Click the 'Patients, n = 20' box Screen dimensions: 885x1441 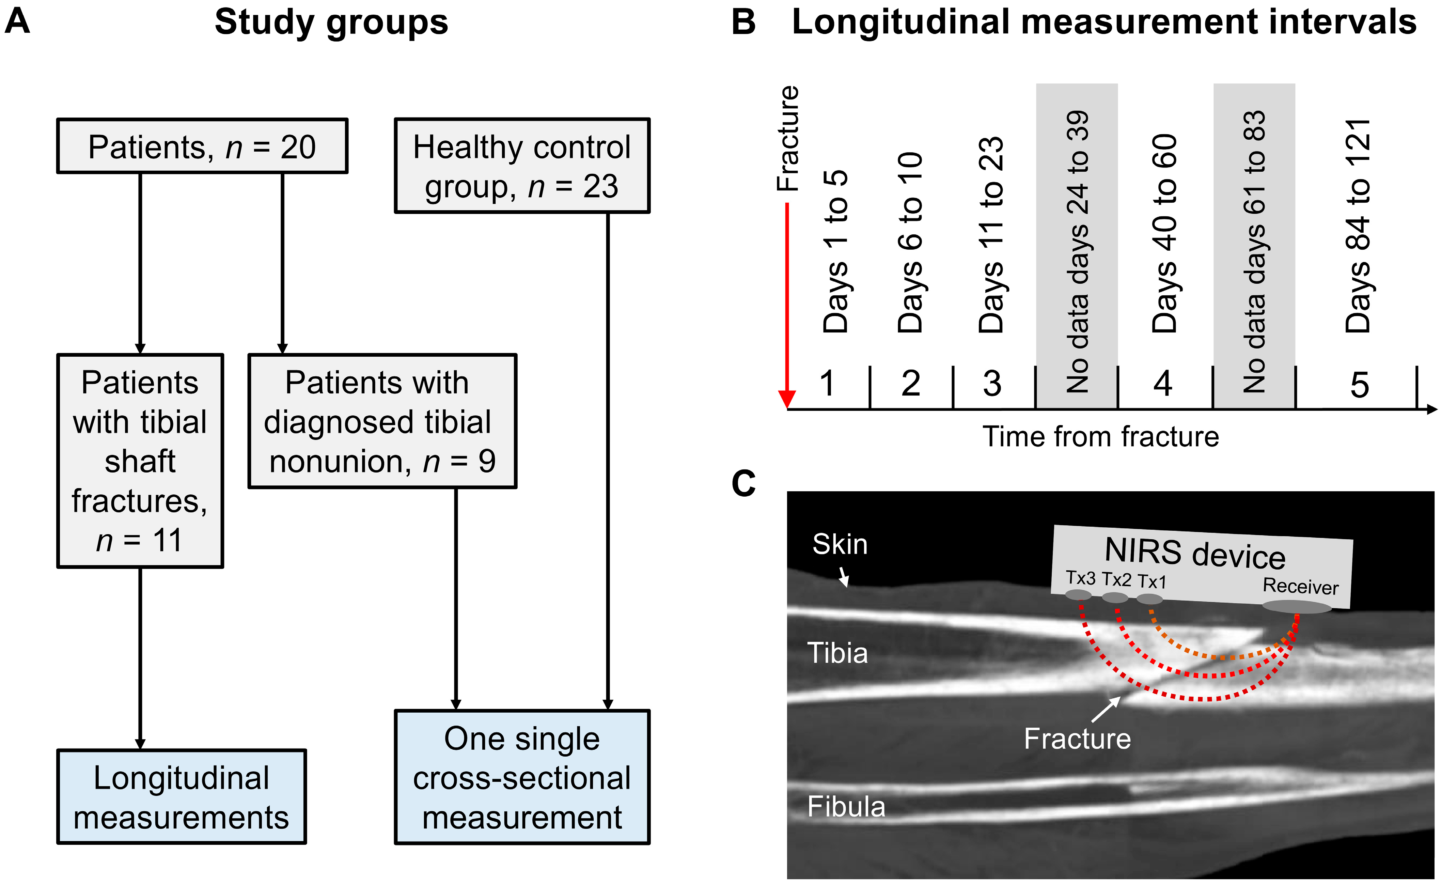pos(202,146)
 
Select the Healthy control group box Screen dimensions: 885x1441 pos(522,166)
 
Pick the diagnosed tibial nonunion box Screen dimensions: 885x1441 pos(382,421)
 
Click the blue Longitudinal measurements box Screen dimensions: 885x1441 pos(182,797)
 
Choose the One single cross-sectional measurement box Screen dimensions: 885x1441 pos(522,777)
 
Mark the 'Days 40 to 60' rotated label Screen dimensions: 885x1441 pos(1164,234)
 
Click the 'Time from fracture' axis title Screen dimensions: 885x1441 pos(1100,437)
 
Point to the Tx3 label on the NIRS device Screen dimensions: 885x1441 pos(1080,578)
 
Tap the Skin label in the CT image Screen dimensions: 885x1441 pos(840,544)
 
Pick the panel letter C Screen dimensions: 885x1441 pos(743,484)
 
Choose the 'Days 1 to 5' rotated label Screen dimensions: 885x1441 pos(835,252)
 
